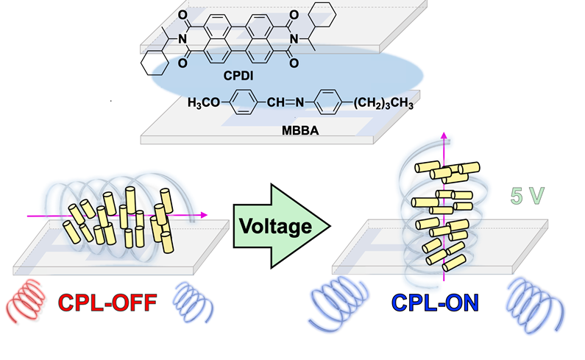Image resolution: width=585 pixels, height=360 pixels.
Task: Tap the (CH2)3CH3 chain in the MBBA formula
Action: [377, 104]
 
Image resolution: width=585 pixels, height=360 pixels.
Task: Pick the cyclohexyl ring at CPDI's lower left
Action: [155, 62]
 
